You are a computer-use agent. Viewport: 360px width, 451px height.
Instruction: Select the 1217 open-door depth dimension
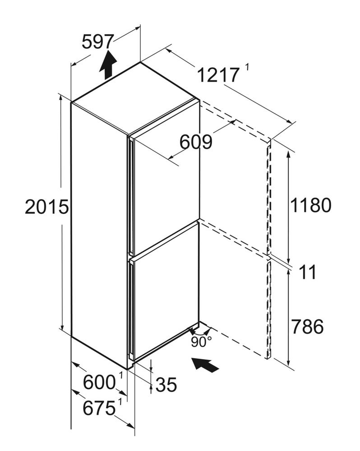coord(218,75)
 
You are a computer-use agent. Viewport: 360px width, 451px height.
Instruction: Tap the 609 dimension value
coord(196,142)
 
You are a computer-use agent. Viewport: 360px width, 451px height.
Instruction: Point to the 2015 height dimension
coord(47,207)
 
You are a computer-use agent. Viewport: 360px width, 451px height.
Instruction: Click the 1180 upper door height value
coord(311,205)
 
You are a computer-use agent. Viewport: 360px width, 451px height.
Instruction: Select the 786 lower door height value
coord(307,326)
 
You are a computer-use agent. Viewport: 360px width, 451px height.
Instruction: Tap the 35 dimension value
coord(166,385)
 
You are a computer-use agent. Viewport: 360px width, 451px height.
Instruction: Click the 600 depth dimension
coord(99,382)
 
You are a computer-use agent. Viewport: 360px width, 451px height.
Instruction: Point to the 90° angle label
coord(201,342)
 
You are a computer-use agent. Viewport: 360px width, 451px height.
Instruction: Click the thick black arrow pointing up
coord(108,64)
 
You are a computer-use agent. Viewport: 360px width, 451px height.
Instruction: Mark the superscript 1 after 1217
coord(247,68)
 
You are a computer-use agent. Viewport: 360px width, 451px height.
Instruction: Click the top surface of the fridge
coord(135,98)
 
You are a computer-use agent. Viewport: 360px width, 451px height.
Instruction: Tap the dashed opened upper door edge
coord(269,197)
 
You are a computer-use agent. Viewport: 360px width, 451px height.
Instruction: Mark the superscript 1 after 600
coord(121,375)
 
